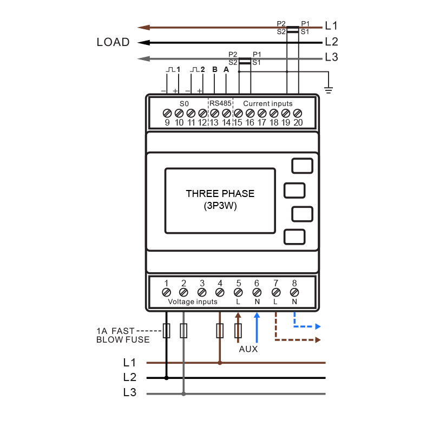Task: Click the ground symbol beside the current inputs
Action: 329,90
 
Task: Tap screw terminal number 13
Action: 214,113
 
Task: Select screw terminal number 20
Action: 297,113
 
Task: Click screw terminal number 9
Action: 167,113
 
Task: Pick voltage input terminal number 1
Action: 166,292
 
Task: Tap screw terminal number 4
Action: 220,292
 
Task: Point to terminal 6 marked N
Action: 257,292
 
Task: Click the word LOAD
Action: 113,42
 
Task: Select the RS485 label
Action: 220,103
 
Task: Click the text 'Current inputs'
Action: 267,103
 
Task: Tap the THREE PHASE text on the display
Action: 220,194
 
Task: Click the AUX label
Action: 248,349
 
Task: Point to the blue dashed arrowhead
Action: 318,327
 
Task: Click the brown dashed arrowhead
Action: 318,340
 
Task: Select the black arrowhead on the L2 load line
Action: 143,43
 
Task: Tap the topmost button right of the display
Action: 302,166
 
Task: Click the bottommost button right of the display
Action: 294,237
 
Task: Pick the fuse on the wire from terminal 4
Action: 220,331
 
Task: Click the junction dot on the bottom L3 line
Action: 183,394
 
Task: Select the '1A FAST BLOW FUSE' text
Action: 123,335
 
